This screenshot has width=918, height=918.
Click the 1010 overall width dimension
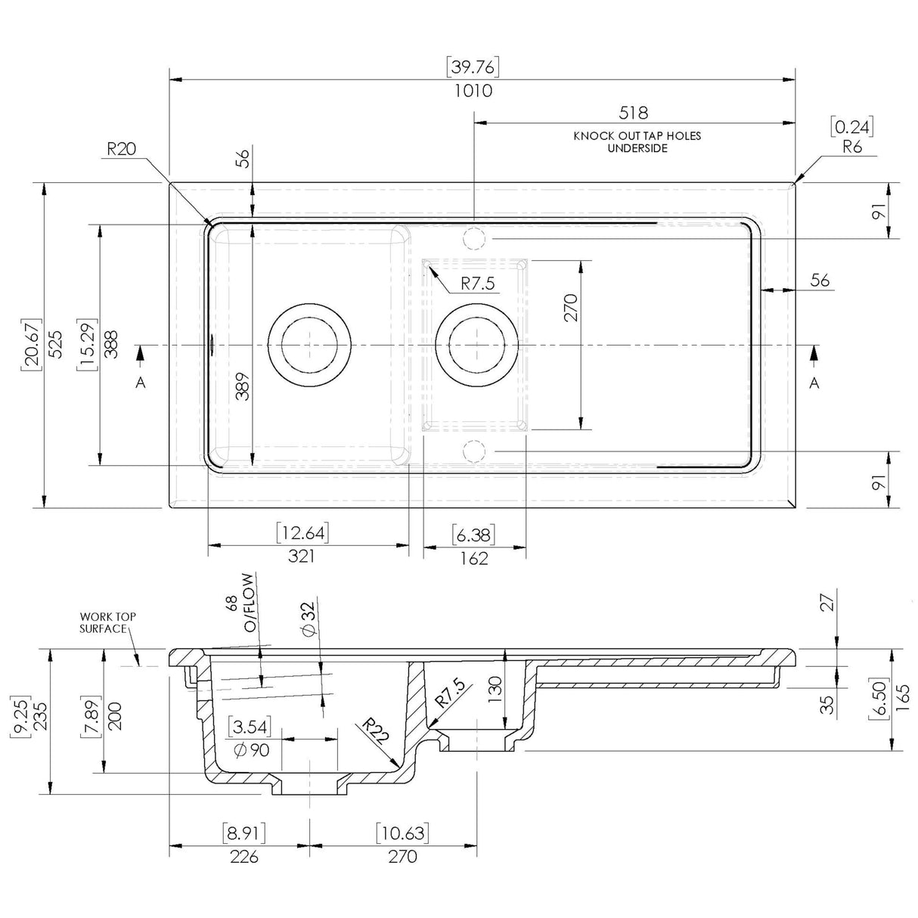coord(473,91)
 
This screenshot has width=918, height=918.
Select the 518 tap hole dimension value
coord(633,113)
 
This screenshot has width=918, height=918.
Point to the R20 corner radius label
coord(121,149)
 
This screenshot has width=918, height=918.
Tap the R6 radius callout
coord(852,147)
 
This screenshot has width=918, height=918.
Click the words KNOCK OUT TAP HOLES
coord(637,136)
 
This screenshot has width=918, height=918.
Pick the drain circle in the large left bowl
coord(310,346)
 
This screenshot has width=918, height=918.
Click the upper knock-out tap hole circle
coord(473,237)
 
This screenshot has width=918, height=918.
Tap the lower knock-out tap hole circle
coord(473,451)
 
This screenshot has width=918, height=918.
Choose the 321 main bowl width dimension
coord(301,557)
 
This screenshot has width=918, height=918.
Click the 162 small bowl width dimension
coord(473,558)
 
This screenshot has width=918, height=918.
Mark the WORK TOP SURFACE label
coord(107,622)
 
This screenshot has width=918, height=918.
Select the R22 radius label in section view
coord(374,732)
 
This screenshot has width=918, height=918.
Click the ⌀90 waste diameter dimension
coord(249,750)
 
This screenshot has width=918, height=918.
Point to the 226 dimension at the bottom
coord(243,856)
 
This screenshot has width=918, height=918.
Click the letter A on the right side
coord(814,383)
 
